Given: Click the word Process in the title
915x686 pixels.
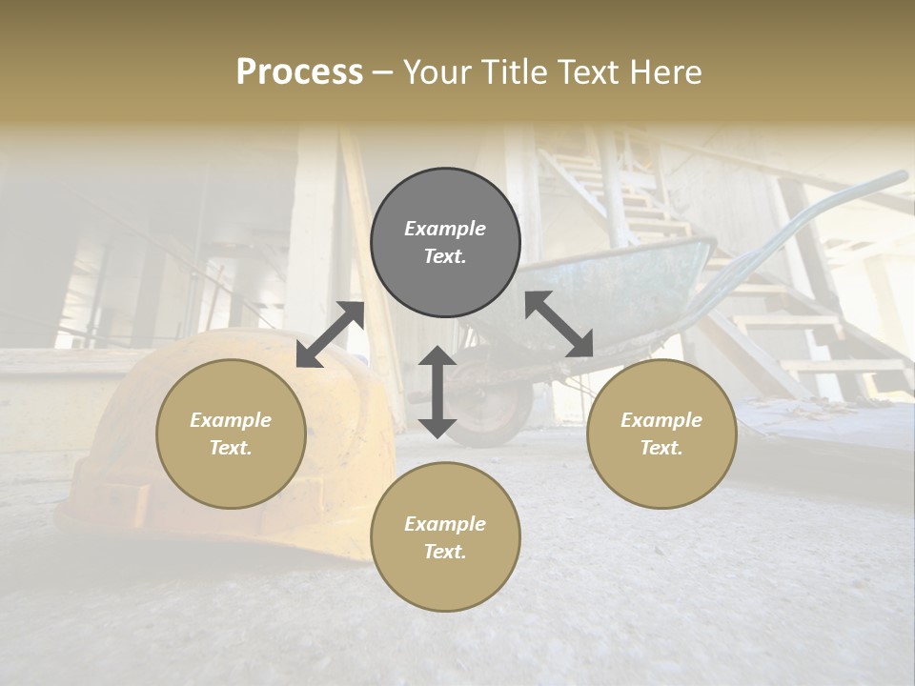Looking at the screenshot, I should (x=299, y=72).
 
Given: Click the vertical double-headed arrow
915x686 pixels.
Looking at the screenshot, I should (x=437, y=393).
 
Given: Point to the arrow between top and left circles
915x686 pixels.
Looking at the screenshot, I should (x=330, y=334).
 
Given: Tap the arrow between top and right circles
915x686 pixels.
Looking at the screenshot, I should (x=559, y=324).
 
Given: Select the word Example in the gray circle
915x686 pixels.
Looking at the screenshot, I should (x=445, y=229).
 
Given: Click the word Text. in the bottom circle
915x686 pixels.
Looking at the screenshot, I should (x=445, y=552).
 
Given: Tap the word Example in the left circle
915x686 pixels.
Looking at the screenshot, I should (x=231, y=420).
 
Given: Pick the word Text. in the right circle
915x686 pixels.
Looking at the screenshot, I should (x=661, y=448).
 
